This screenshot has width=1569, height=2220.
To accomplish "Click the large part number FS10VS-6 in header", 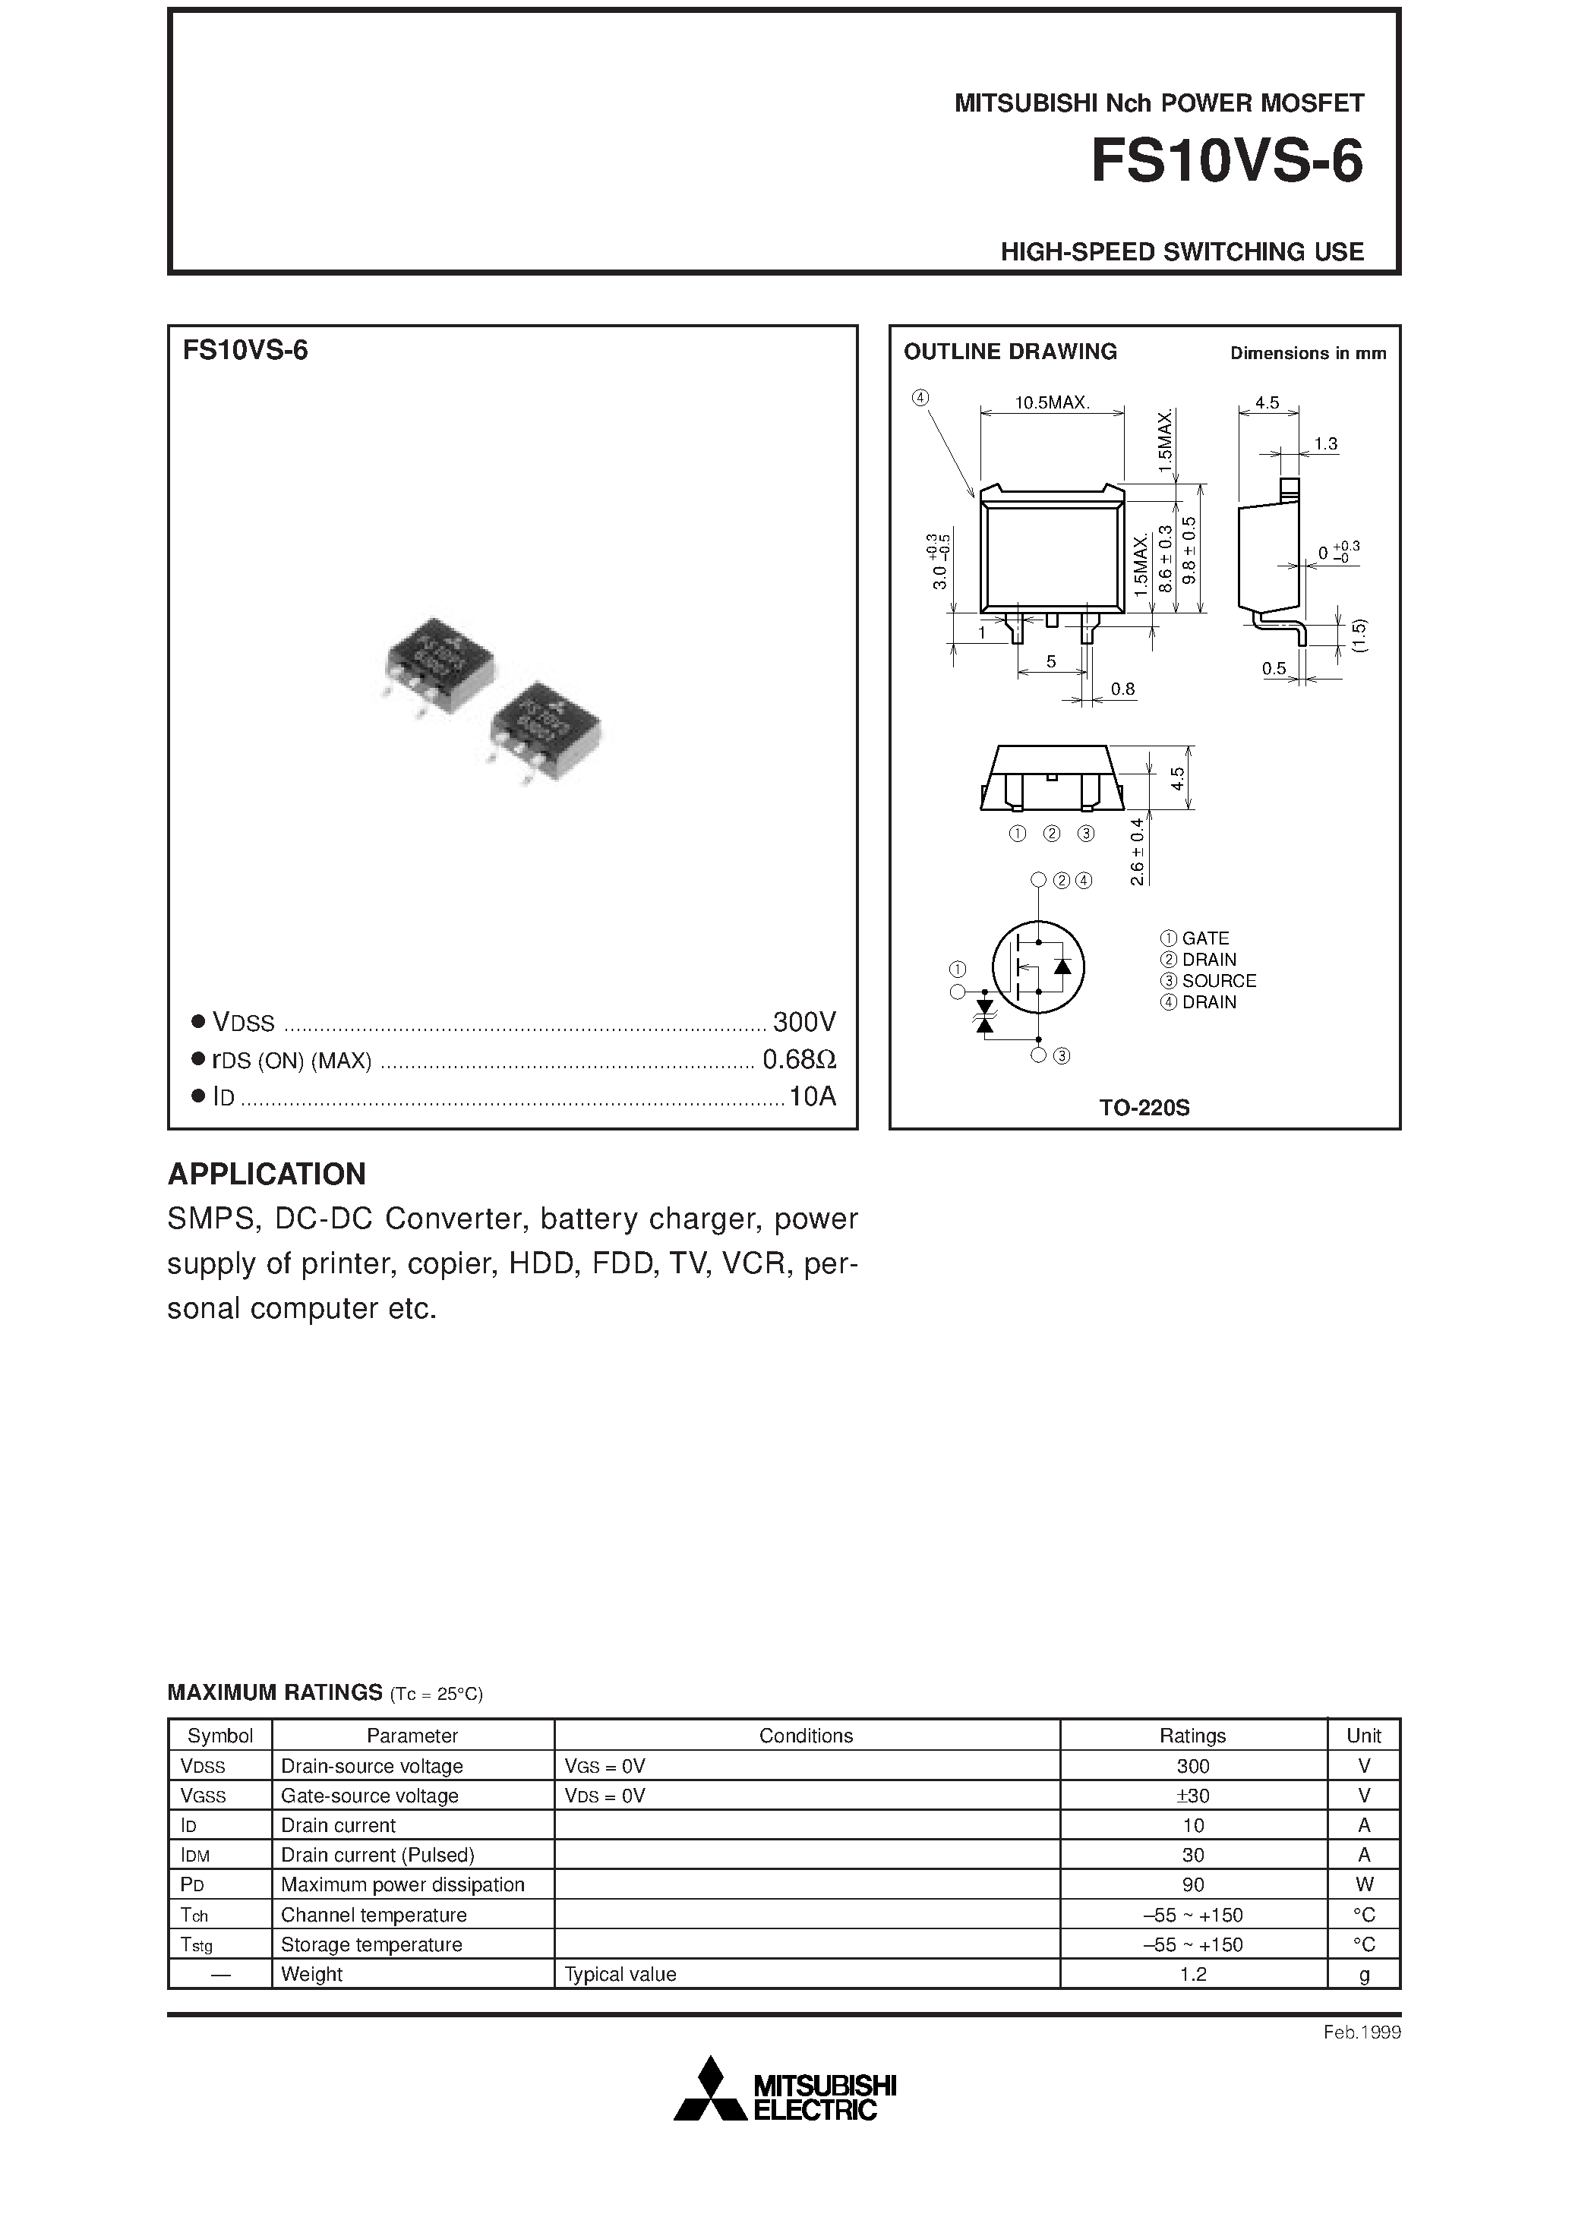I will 1226,162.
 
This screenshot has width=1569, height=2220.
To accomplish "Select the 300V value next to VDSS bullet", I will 803,1022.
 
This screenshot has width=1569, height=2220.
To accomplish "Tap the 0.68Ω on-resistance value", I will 798,1060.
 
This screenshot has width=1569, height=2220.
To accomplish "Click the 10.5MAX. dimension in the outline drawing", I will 1052,403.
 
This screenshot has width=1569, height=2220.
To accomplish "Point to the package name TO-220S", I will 1144,1108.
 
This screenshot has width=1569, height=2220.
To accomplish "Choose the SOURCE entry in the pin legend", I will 1218,980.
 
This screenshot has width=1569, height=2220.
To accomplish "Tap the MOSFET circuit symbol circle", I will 1038,966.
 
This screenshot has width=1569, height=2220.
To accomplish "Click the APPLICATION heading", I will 267,1174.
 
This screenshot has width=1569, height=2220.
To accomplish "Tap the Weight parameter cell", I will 311,1975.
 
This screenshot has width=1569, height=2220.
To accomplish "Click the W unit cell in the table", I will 1363,1884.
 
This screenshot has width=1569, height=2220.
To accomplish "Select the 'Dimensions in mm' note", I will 1307,354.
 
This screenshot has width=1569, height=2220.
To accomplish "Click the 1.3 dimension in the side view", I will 1325,444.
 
